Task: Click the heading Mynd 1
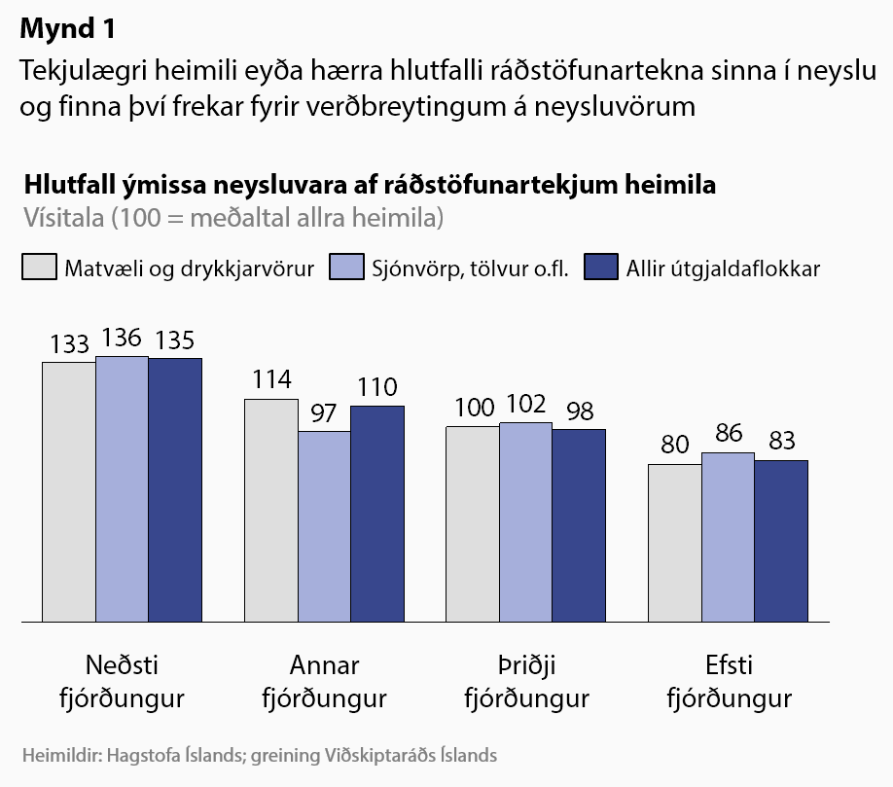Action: point(67,29)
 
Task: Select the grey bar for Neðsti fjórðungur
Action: point(68,491)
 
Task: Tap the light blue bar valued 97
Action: point(323,525)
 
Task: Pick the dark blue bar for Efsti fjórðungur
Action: point(780,540)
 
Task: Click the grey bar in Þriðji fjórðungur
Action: point(472,523)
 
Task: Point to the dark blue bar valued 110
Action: point(377,513)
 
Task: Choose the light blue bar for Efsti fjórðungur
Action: point(728,536)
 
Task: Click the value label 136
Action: point(122,339)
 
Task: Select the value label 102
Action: point(526,405)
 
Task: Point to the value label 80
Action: point(674,446)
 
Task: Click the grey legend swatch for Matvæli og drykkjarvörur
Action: point(38,268)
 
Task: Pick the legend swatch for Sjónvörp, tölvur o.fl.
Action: point(344,268)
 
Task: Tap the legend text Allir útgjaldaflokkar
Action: point(723,268)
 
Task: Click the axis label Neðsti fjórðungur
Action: point(122,682)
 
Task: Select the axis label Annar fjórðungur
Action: point(324,682)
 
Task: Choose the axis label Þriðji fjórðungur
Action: point(526,682)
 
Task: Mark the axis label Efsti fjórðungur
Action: point(729,682)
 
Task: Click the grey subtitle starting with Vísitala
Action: point(232,217)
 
